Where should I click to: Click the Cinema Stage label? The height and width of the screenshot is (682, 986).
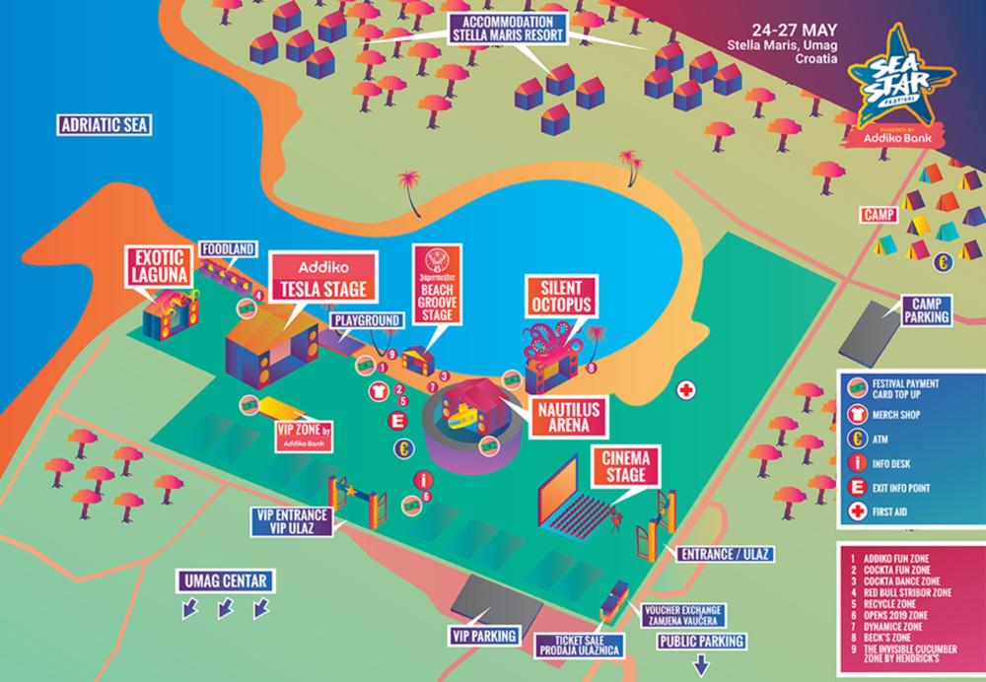pos(623,465)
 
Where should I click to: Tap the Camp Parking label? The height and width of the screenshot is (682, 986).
pos(929,310)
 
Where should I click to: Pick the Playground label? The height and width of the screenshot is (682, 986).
pos(366,320)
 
